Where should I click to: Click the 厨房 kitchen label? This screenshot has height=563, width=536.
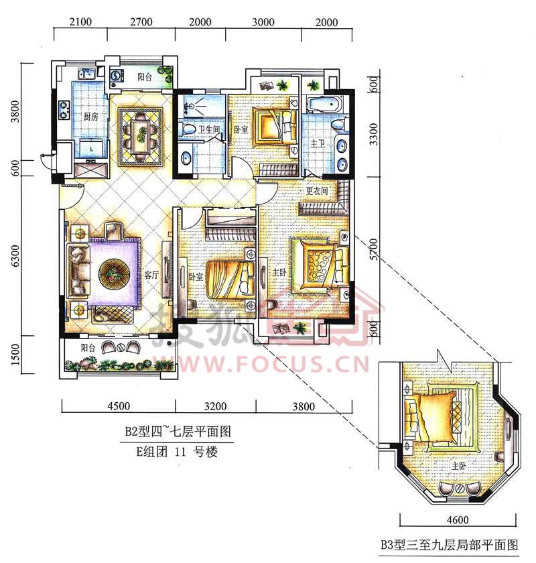click(90, 117)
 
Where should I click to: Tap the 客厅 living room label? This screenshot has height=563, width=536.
click(151, 275)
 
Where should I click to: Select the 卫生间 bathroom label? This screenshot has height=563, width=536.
click(209, 129)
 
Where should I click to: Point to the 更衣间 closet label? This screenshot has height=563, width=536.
click(317, 190)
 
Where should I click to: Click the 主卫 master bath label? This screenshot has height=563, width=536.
click(318, 143)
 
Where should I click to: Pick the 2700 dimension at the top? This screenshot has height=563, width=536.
click(141, 22)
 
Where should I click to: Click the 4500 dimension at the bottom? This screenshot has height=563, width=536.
click(119, 406)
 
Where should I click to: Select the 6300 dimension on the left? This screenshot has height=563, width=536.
click(15, 256)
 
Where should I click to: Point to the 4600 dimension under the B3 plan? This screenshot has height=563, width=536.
click(458, 519)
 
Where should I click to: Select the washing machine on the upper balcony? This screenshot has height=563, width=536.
click(117, 76)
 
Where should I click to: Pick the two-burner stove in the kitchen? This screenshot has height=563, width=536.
click(64, 109)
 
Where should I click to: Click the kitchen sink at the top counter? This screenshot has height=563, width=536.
click(87, 74)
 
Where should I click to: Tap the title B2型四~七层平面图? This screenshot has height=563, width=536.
click(178, 431)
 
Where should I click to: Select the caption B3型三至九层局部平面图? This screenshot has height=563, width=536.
click(450, 546)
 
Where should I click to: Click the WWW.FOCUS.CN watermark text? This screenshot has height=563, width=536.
click(261, 363)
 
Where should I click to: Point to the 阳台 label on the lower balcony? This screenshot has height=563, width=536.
click(88, 348)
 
